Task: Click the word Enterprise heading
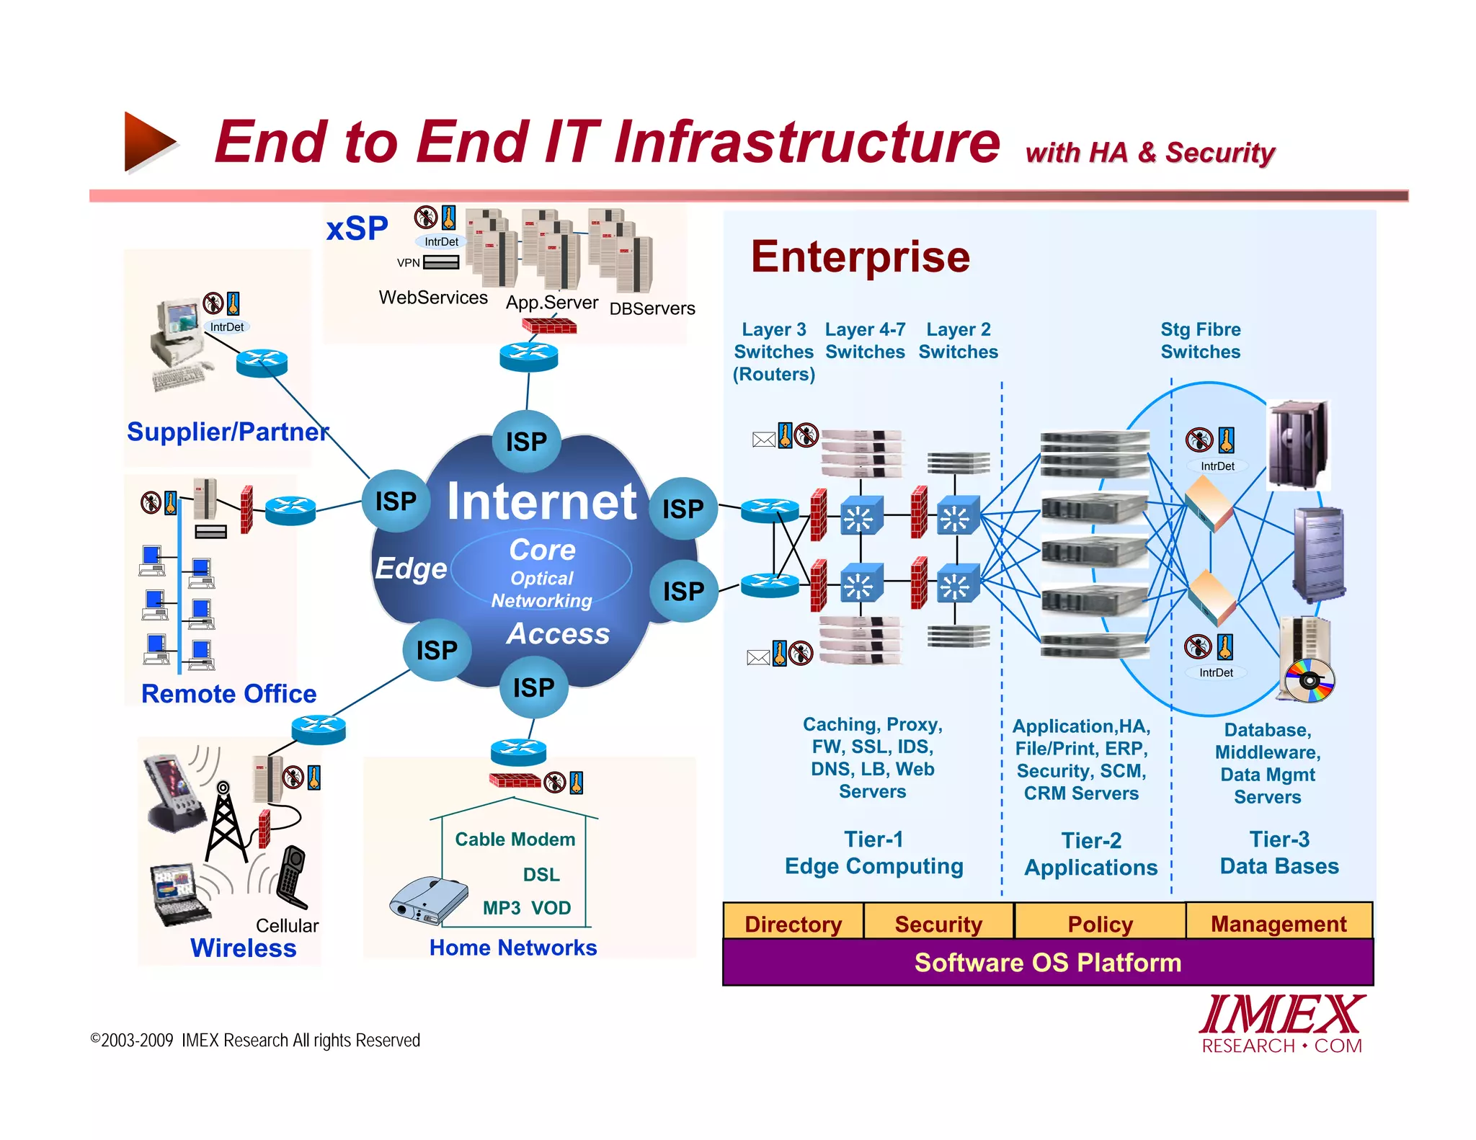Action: [860, 257]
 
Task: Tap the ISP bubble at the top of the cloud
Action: [526, 441]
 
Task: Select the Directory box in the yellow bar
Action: [793, 923]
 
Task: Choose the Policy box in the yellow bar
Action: [1100, 923]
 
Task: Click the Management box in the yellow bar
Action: [1279, 923]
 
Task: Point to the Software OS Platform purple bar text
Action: [1047, 963]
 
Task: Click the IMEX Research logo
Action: [1281, 1023]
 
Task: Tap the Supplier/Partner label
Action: [228, 432]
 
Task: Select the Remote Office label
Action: [228, 693]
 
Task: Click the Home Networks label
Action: [513, 947]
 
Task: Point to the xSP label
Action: [357, 229]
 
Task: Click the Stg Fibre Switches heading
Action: [1200, 341]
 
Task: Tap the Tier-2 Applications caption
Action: [1090, 854]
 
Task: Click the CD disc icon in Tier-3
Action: [1310, 680]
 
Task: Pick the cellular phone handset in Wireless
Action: [292, 876]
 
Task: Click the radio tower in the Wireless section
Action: [226, 825]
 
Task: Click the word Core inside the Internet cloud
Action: [542, 550]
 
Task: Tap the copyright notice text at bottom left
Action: [254, 1040]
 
